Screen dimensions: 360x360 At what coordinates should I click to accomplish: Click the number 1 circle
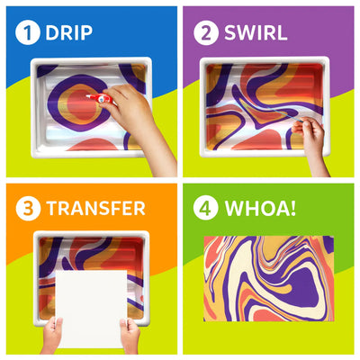(x=26, y=33)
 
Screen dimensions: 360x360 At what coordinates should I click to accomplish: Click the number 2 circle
(x=206, y=33)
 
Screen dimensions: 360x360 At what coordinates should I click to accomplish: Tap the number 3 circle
(x=26, y=209)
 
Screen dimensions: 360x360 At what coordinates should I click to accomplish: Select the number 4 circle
(x=206, y=209)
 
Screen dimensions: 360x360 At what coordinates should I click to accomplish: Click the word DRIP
(x=69, y=33)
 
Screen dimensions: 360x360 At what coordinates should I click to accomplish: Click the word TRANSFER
(x=95, y=209)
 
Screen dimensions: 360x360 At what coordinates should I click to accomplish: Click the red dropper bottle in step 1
(x=99, y=97)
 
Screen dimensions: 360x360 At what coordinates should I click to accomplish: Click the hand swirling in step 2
(x=313, y=135)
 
